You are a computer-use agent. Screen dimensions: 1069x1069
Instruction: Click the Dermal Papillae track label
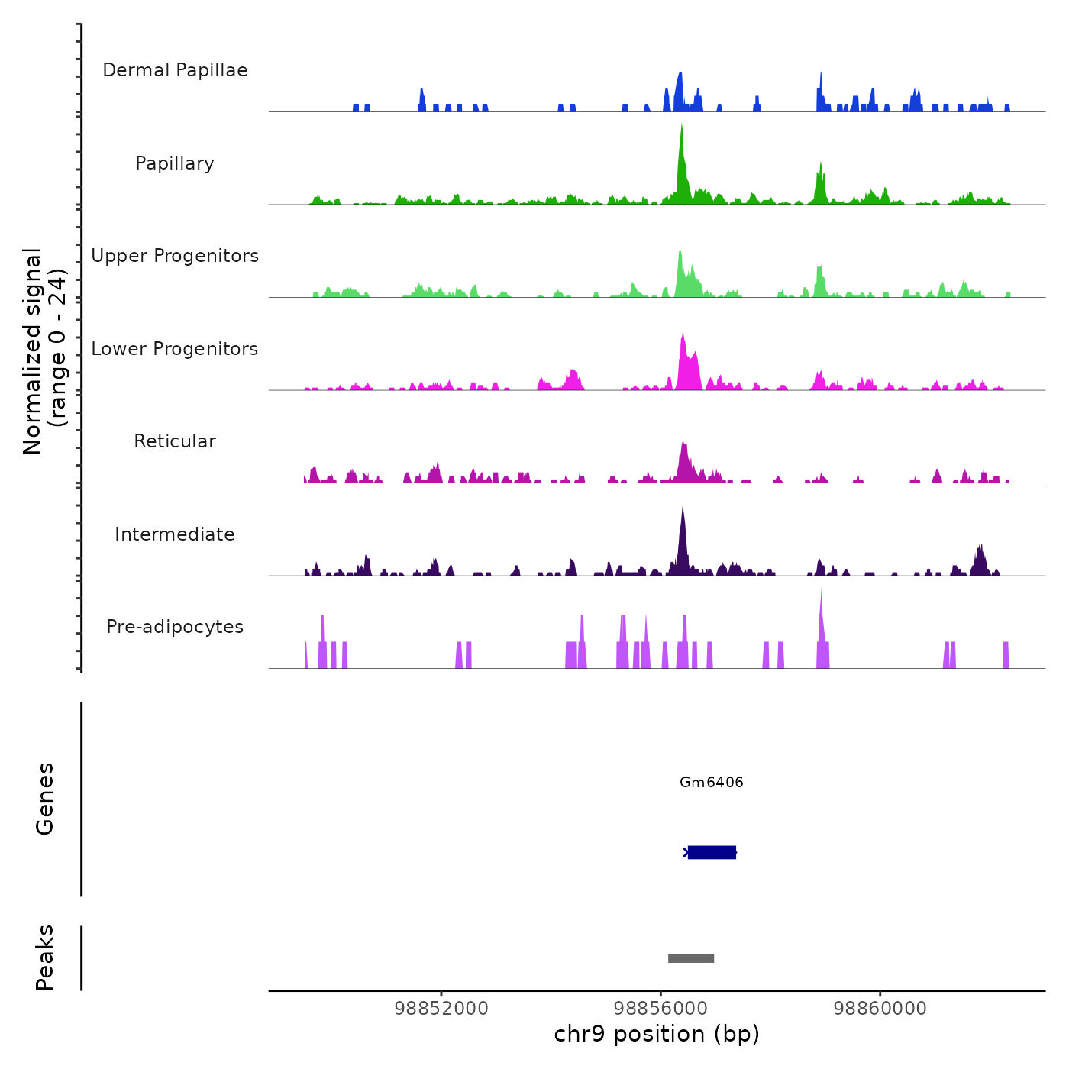tap(175, 70)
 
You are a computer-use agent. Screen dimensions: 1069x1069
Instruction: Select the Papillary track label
tap(175, 163)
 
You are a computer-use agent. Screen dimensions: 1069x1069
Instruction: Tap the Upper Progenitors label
tap(175, 256)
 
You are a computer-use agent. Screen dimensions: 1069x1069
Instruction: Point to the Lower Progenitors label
tap(175, 349)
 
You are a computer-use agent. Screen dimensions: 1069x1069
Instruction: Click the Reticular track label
tap(175, 441)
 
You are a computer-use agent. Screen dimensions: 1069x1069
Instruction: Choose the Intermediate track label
tap(175, 534)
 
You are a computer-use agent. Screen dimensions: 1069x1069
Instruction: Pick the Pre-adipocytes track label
tap(175, 627)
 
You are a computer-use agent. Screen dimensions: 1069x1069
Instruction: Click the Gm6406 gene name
tap(712, 782)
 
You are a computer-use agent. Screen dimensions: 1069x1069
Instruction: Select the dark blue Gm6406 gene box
tap(712, 852)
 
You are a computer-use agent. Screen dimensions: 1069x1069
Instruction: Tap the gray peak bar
tap(691, 958)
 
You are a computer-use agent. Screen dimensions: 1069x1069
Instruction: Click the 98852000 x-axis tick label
tap(441, 1009)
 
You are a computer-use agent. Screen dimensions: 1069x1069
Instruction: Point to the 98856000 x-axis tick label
tap(661, 1009)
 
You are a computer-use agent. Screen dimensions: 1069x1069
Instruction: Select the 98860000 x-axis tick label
tap(880, 1009)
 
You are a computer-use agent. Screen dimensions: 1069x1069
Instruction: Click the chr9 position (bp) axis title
tap(657, 1035)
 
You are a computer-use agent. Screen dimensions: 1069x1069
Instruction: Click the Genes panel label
tap(45, 799)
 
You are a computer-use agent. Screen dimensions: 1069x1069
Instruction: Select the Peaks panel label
tap(45, 958)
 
